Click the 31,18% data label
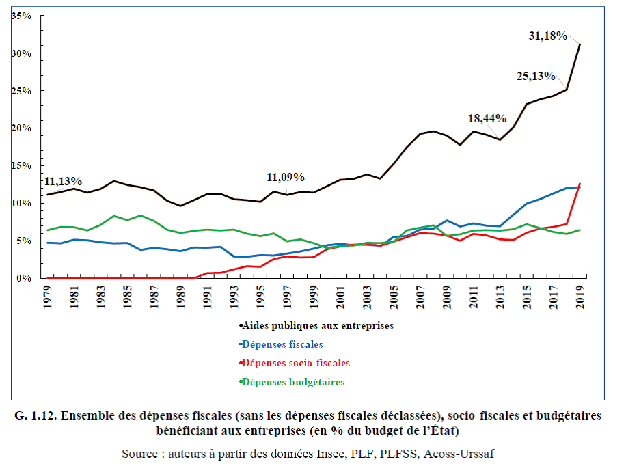pyautogui.click(x=548, y=36)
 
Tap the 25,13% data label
pyautogui.click(x=535, y=77)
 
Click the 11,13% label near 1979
pyautogui.click(x=64, y=182)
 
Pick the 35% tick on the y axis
pyautogui.click(x=23, y=15)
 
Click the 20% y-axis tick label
pyautogui.click(x=23, y=128)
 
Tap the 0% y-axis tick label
pyautogui.click(x=25, y=278)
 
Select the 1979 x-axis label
pyautogui.click(x=48, y=298)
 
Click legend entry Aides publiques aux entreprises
pyautogui.click(x=318, y=326)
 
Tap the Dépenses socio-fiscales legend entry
pyautogui.click(x=297, y=364)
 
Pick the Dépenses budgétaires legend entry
pyautogui.click(x=294, y=382)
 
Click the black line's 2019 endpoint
pyautogui.click(x=580, y=44)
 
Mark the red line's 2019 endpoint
pyautogui.click(x=580, y=184)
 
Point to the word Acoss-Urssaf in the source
pyautogui.click(x=474, y=454)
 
